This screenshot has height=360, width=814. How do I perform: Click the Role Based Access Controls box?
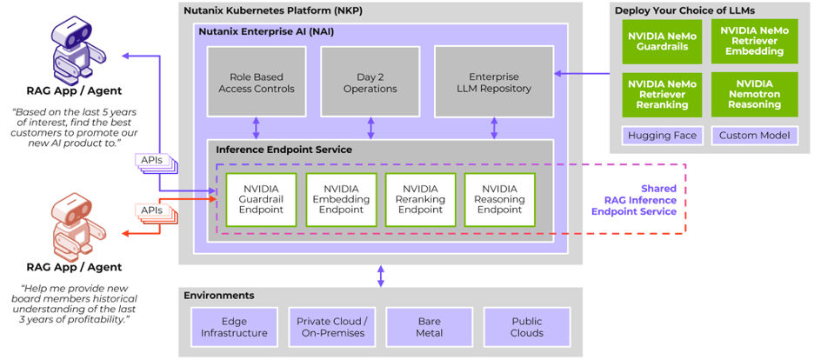[256, 82]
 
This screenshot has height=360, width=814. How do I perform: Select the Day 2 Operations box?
[370, 82]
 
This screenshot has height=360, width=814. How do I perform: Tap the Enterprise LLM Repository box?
[493, 82]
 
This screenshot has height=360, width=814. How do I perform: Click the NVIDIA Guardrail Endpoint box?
[261, 199]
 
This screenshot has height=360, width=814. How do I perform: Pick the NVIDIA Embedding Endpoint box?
[341, 199]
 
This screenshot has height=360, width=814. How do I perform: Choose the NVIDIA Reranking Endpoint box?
[421, 199]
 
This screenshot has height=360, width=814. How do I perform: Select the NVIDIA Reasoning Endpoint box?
[500, 199]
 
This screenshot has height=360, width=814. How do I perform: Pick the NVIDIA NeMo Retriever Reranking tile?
[657, 93]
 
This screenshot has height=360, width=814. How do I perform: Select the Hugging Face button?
[657, 136]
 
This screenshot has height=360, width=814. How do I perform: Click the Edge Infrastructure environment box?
[234, 327]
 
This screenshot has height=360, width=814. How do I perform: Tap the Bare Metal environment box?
[429, 327]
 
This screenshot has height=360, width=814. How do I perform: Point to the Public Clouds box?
[526, 327]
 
